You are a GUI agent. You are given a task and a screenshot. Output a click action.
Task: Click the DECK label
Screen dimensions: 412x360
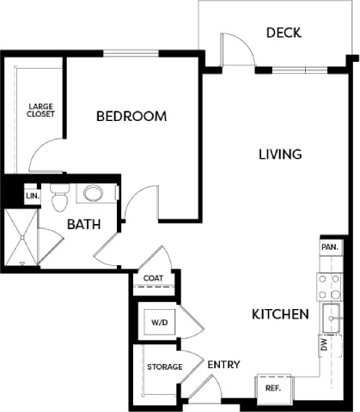click(283, 33)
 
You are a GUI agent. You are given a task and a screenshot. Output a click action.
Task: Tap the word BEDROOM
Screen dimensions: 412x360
click(131, 117)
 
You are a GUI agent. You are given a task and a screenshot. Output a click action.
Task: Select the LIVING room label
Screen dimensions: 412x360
click(280, 154)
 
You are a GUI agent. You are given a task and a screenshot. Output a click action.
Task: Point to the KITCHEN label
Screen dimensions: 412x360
click(280, 315)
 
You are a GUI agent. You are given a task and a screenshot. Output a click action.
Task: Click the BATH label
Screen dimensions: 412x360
click(84, 224)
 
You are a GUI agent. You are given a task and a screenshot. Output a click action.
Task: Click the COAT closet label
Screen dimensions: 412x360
click(154, 278)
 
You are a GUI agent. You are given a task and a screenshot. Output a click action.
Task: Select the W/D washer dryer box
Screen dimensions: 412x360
click(160, 323)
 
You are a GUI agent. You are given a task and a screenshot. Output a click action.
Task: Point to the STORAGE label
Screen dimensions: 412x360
click(163, 367)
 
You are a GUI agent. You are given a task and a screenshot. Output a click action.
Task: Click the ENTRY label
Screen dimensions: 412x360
click(223, 365)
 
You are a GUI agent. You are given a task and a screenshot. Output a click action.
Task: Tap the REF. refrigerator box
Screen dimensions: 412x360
click(272, 388)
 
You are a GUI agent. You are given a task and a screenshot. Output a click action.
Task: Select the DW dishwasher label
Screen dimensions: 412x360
click(325, 346)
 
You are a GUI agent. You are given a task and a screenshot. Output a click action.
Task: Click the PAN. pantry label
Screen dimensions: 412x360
click(328, 246)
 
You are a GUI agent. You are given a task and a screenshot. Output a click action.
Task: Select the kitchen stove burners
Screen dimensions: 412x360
click(327, 286)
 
